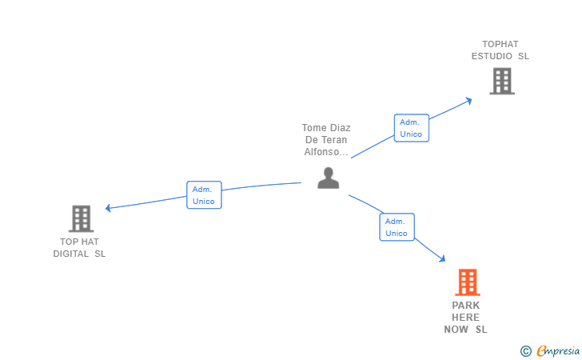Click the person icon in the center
coord(328,178)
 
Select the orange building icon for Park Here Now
coord(468,282)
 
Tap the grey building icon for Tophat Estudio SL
coord(502,81)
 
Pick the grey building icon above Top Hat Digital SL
coord(81,218)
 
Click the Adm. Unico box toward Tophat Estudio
coord(411,128)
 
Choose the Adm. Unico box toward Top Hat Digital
coord(204,194)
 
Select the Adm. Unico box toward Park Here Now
coord(397,227)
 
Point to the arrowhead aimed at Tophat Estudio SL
coord(469,101)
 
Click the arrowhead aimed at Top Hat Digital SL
coord(108,208)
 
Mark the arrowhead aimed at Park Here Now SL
coord(442,259)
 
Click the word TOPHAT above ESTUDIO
coord(500,44)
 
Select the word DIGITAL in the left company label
coord(71,254)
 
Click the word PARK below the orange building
coord(466,306)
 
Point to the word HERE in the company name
coord(465,318)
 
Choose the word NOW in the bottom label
coord(456,330)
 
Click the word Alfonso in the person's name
coord(321,151)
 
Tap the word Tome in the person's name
coord(314,128)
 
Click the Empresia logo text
coord(558,350)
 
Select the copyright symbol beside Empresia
coord(526,351)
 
